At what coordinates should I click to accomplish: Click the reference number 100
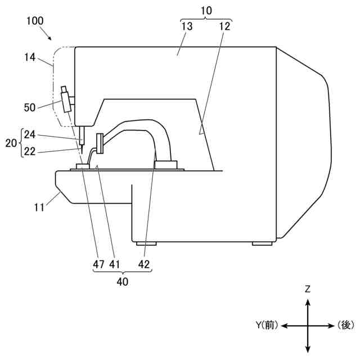click(35, 21)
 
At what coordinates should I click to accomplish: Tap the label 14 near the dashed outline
click(30, 57)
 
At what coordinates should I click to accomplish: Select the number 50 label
click(30, 107)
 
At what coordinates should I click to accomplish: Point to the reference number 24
click(30, 134)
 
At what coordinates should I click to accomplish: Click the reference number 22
click(30, 151)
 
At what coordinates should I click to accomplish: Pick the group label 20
click(11, 143)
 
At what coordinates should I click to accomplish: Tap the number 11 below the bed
click(39, 208)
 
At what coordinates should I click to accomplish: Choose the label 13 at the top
click(187, 26)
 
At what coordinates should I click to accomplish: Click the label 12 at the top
click(224, 26)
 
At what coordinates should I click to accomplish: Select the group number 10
click(206, 11)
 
